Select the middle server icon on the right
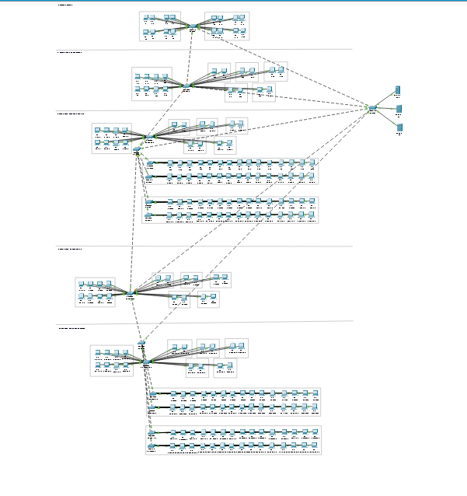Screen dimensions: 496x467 [399, 109]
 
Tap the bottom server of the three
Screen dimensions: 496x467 [399, 127]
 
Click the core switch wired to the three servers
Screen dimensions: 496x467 [373, 108]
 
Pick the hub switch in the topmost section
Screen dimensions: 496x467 [193, 27]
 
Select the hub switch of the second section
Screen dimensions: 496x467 [186, 86]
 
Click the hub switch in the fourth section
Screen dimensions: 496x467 [130, 292]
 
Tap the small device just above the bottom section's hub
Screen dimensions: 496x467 [141, 343]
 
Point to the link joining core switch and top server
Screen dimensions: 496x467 [386, 99]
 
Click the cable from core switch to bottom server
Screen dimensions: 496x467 [386, 118]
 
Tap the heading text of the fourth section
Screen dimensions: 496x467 [70, 250]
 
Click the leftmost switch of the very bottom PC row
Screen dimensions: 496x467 [152, 445]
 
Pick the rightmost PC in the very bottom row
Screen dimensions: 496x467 [313, 445]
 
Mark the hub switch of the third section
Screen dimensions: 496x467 [146, 138]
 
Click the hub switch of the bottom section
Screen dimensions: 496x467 [145, 362]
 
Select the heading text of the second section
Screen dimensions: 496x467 [69, 53]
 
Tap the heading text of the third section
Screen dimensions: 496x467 [71, 114]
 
